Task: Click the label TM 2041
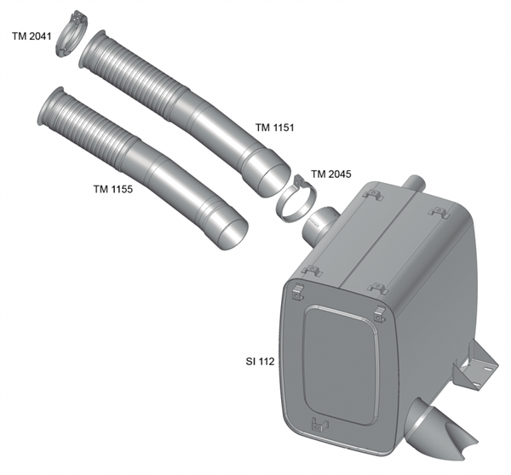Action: pos(32,36)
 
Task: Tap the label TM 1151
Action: pos(274,128)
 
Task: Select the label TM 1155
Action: pos(113,189)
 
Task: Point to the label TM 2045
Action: pos(331,175)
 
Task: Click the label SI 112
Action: pos(260,361)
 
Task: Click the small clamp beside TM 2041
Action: pos(71,33)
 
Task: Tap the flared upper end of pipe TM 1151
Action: pos(92,49)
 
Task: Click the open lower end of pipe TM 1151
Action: pos(274,180)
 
